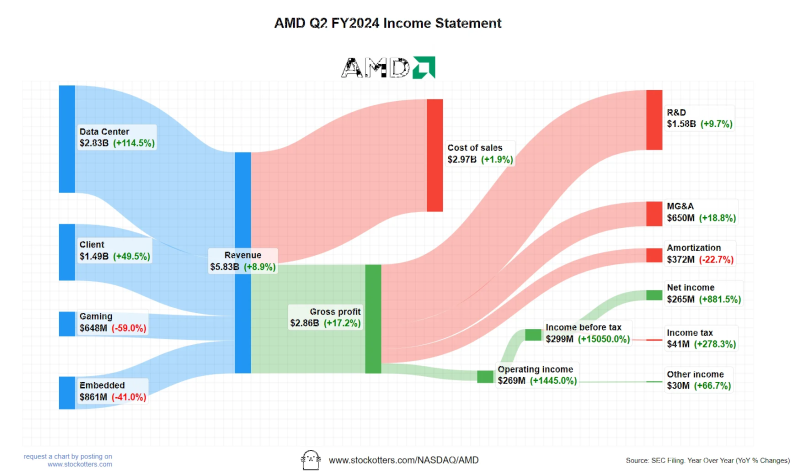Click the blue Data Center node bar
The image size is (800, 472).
67,139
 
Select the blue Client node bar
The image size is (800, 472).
67,252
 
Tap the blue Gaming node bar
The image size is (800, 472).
67,324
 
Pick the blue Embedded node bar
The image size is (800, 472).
67,393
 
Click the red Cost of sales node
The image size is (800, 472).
435,155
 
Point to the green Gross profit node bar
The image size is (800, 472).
373,319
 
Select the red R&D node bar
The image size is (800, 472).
654,120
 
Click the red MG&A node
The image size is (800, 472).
654,214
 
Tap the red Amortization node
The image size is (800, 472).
654,255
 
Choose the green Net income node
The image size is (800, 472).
654,295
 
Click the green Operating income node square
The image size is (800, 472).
485,377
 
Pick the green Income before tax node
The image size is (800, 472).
533,335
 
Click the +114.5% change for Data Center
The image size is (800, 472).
134,143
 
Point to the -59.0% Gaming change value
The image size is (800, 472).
129,328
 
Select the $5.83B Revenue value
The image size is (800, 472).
224,267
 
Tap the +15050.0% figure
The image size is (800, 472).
604,339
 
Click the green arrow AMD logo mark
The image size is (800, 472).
424,67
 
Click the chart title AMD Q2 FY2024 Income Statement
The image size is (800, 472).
388,23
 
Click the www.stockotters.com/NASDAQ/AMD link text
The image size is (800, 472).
404,460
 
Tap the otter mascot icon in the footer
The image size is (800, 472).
311,460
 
